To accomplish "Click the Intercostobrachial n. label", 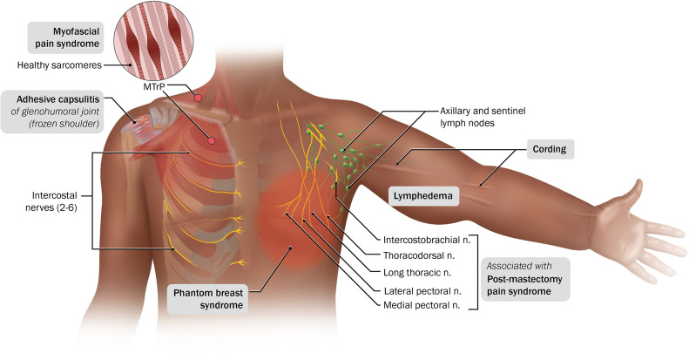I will point(427,240).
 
